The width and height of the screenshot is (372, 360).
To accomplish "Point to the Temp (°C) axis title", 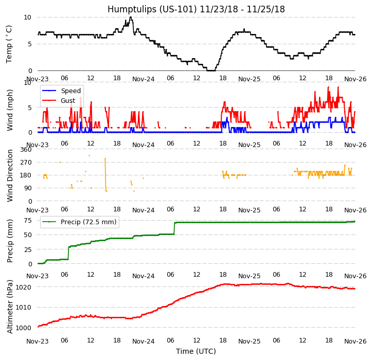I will [x=9, y=44].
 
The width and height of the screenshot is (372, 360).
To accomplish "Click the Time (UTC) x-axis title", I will [x=196, y=351].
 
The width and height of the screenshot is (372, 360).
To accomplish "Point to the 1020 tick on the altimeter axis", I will [x=25, y=287].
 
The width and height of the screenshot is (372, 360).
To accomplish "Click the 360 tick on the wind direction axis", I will [x=26, y=150].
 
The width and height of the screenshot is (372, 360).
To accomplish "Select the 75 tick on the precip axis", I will [x=29, y=220].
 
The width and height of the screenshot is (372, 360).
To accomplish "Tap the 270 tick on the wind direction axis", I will [x=26, y=163].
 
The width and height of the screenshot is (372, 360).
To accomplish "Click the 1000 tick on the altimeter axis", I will [x=25, y=328].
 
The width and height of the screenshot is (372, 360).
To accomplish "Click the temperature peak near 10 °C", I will [x=131, y=17].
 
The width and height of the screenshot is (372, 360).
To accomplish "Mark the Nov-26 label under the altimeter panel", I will [x=355, y=341].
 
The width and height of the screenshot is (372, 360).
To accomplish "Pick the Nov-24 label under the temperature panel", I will [x=144, y=79].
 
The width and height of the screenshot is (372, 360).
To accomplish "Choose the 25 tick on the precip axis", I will [x=29, y=249].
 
